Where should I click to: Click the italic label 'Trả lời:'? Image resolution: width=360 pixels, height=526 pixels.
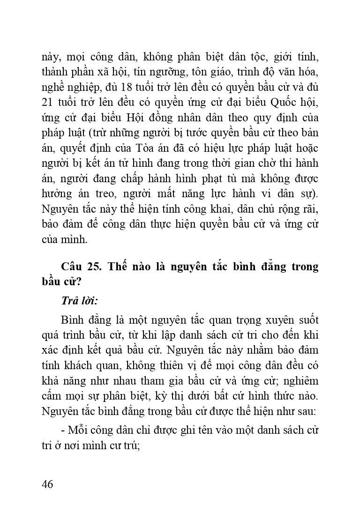click(79, 302)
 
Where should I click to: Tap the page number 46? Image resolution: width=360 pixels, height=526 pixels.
click(47, 484)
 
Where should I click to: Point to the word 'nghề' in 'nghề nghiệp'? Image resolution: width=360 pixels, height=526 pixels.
click(52, 88)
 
